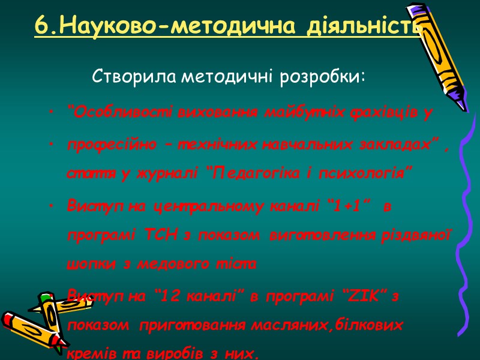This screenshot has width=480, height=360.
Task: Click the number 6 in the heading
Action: (x=40, y=26)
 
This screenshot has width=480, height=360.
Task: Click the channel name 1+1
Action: (x=347, y=207)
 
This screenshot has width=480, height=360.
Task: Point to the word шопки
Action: (x=83, y=263)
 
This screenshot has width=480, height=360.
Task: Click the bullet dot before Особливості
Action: (x=53, y=112)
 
